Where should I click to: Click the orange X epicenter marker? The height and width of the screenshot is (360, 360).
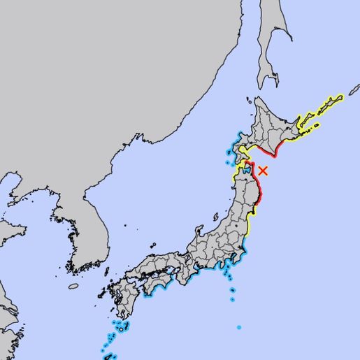click(x=263, y=171)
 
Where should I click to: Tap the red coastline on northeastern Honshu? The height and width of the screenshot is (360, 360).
click(x=257, y=187)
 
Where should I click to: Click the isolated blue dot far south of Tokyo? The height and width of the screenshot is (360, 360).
click(x=238, y=327)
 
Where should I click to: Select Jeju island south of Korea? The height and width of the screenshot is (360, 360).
click(x=73, y=286)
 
